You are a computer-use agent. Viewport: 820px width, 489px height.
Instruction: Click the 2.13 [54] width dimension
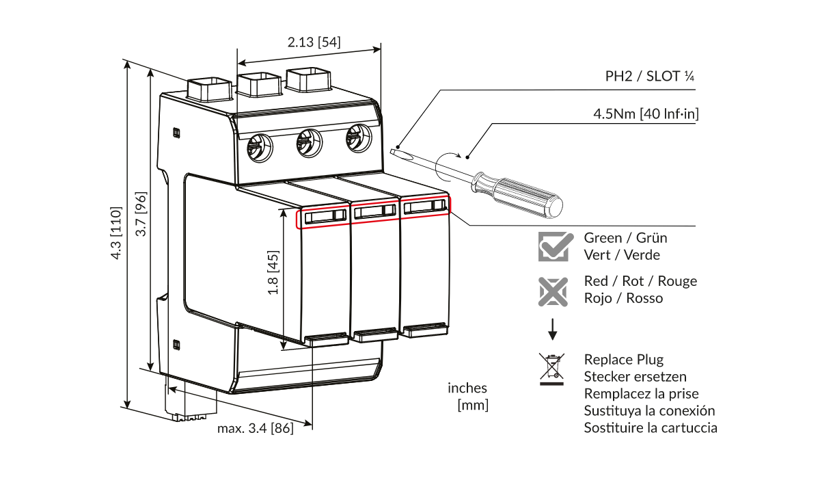click(x=314, y=42)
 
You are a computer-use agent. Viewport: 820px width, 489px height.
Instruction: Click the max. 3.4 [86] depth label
click(x=255, y=429)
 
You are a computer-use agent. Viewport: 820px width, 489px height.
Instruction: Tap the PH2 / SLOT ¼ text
click(x=650, y=76)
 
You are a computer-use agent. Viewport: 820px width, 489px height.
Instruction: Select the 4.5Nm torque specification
click(x=645, y=114)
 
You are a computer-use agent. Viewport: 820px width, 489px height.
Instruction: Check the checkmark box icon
click(x=553, y=246)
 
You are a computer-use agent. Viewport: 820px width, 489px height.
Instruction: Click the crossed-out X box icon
click(x=553, y=291)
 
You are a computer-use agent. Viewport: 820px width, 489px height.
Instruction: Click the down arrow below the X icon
click(x=553, y=330)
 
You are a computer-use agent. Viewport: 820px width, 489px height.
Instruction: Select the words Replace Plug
click(x=623, y=359)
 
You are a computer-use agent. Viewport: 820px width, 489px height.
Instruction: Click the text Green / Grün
click(x=625, y=238)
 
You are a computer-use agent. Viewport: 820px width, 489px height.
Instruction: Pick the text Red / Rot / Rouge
click(x=640, y=281)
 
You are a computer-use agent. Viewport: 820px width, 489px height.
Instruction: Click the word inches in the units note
click(x=467, y=388)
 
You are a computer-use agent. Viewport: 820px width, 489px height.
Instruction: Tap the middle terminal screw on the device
click(x=308, y=143)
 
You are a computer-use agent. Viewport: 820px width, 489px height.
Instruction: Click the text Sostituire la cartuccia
click(x=650, y=427)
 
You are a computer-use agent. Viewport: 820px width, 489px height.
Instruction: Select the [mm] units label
click(x=472, y=405)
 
